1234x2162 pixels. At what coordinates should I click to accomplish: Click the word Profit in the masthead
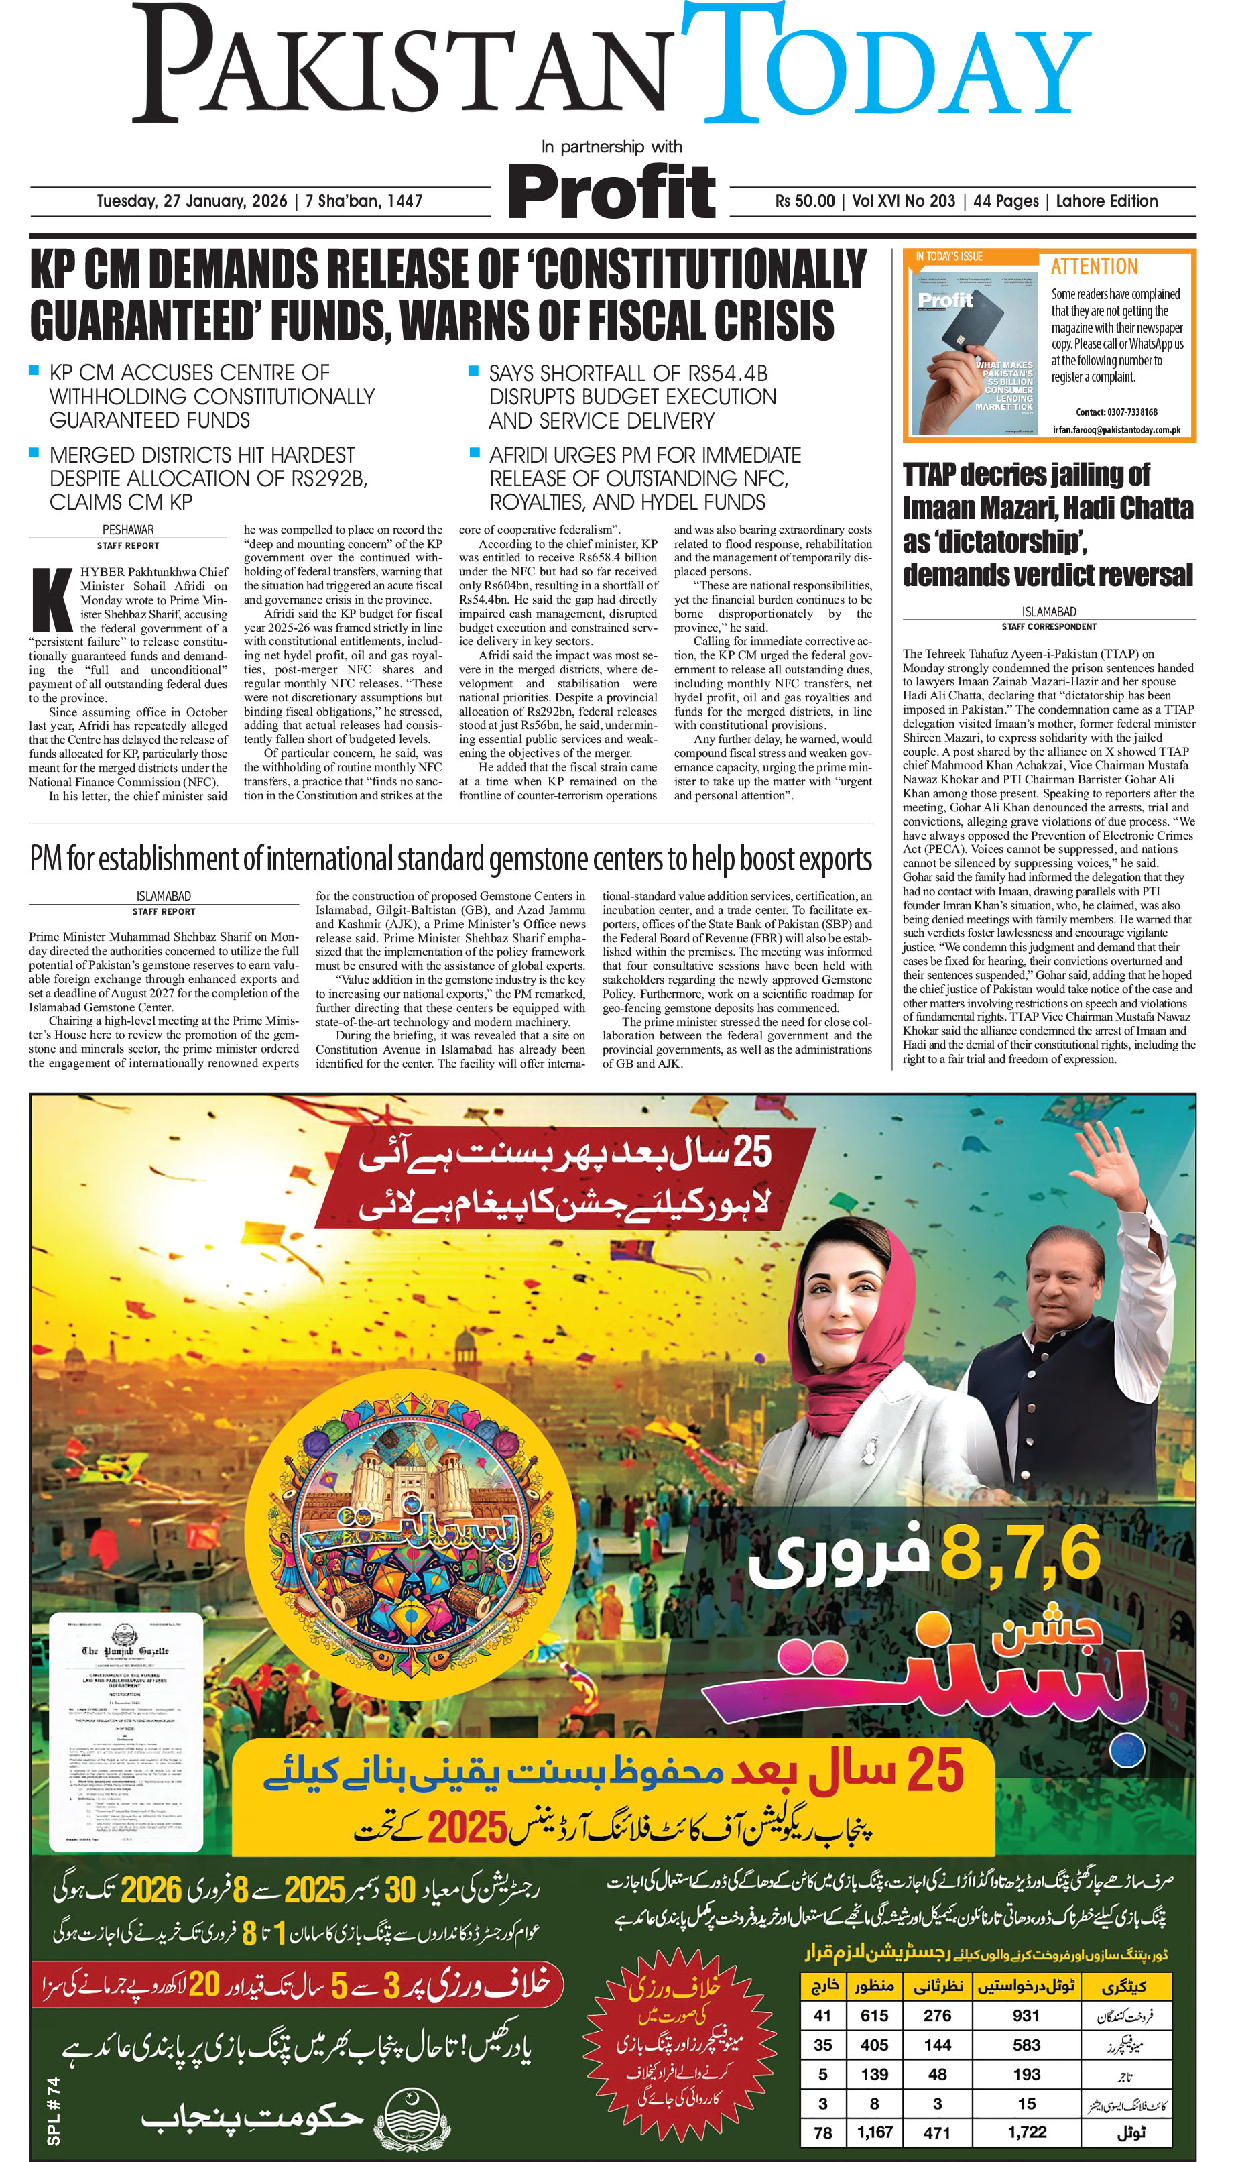tap(612, 192)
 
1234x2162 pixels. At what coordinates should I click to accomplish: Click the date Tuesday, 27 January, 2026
tap(192, 202)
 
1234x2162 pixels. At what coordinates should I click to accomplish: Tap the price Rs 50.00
tap(804, 202)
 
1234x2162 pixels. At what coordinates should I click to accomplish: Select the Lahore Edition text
tap(1106, 202)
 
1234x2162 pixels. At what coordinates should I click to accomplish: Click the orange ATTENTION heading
tap(1093, 266)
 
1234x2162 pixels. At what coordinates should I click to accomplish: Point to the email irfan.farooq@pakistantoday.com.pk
tap(1116, 430)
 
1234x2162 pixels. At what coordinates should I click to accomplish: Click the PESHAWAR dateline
tap(128, 530)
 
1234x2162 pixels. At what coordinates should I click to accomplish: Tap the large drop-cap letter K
tap(51, 600)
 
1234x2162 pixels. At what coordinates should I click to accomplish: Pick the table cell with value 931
tap(1026, 2015)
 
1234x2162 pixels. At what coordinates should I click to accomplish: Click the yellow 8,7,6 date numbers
tap(1020, 1554)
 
